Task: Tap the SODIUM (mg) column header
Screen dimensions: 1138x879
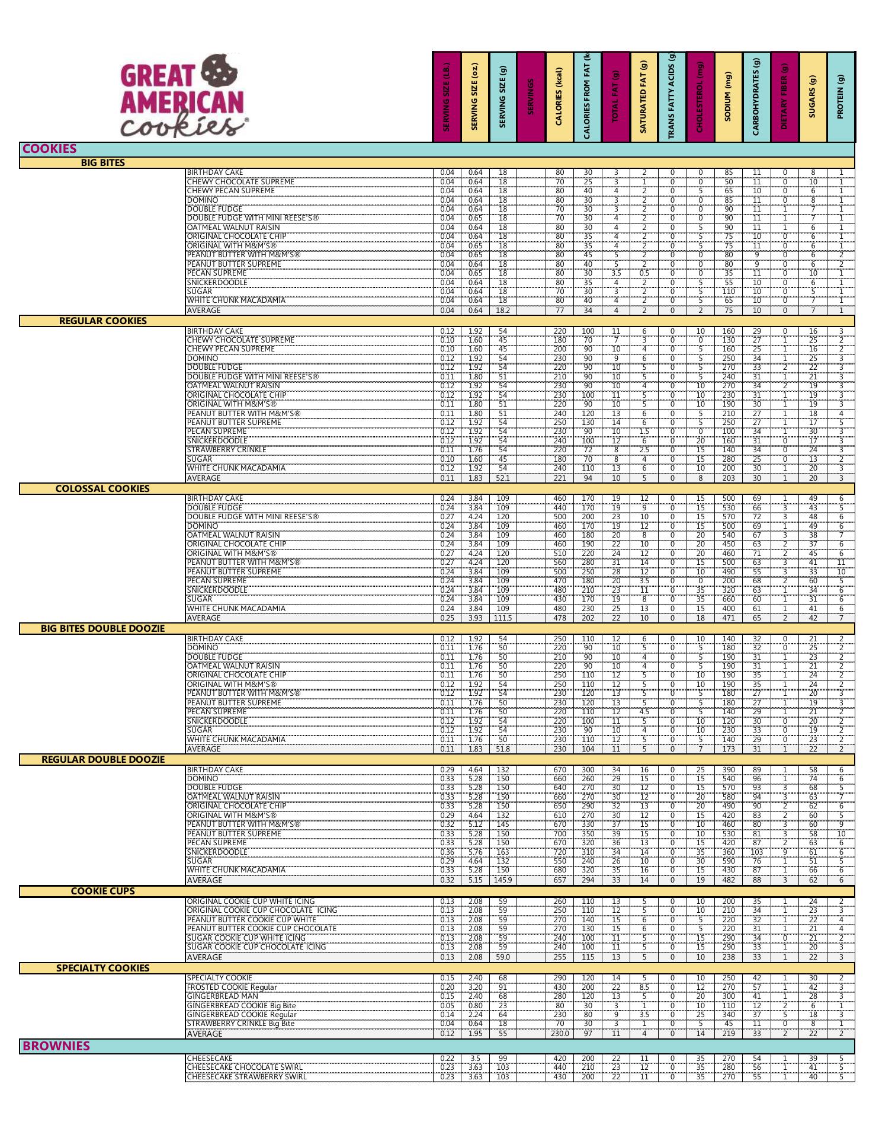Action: click(728, 97)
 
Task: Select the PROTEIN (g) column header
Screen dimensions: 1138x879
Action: click(840, 97)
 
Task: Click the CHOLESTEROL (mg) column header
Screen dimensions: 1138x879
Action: click(700, 97)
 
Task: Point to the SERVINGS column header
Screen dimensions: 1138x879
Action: click(531, 97)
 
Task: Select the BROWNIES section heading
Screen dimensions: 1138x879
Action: click(56, 1046)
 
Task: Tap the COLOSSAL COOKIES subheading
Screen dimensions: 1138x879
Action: click(102, 489)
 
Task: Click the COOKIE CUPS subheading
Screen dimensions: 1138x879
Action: click(102, 891)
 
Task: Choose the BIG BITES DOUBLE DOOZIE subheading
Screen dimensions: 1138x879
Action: click(102, 628)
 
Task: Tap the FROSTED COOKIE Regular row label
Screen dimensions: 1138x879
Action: click(232, 987)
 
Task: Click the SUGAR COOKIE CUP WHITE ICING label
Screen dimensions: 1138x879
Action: click(246, 938)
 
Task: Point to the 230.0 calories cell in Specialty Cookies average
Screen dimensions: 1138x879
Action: click(560, 1034)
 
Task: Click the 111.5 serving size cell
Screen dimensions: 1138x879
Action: click(503, 618)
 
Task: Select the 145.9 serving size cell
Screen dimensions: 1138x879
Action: click(503, 880)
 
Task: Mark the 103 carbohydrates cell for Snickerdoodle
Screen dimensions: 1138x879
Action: click(756, 852)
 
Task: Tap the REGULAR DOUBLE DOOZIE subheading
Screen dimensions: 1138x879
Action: click(102, 760)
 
